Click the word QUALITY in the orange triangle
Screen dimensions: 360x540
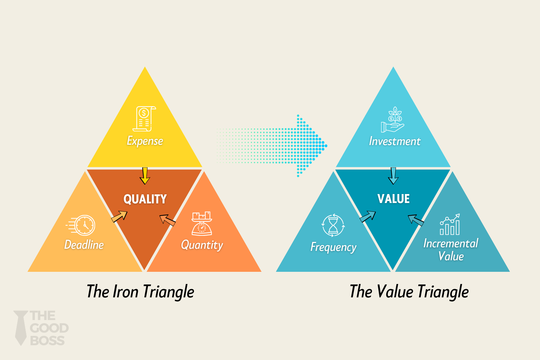click(x=145, y=199)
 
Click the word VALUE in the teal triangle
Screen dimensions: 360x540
click(x=393, y=199)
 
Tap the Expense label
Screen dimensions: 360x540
click(x=145, y=141)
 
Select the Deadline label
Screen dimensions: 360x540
click(x=84, y=245)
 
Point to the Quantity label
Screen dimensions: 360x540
click(x=202, y=245)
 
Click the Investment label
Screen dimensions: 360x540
click(x=395, y=141)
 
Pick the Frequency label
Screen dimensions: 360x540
click(x=333, y=247)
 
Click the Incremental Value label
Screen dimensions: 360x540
click(x=451, y=249)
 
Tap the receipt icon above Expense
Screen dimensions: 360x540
click(x=144, y=119)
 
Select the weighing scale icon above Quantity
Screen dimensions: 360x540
click(x=202, y=224)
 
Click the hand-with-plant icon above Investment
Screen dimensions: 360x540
click(x=393, y=120)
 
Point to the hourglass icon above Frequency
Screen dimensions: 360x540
click(x=333, y=225)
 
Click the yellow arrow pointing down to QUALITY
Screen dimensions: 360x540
click(x=145, y=176)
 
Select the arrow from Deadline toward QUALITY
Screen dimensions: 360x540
click(x=120, y=216)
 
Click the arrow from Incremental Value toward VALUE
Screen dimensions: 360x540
click(x=416, y=220)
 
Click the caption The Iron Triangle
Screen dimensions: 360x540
click(x=140, y=292)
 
